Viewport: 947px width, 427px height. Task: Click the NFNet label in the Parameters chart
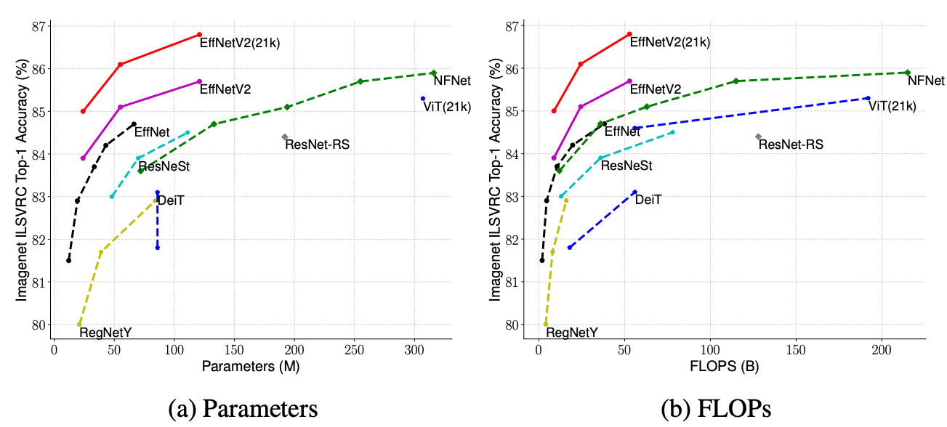[x=452, y=81]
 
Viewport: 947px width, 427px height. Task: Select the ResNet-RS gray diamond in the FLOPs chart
[x=758, y=137]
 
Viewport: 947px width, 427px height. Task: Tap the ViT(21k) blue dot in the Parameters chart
[x=423, y=99]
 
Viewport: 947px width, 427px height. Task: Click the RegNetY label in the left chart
[x=105, y=333]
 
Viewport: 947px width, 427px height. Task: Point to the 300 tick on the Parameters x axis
[x=414, y=350]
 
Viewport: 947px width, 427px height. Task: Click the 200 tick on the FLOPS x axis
[x=882, y=350]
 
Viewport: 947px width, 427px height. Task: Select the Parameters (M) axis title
[x=251, y=366]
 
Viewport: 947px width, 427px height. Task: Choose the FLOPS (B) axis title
[x=724, y=366]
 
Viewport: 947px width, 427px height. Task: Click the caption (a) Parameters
[x=243, y=409]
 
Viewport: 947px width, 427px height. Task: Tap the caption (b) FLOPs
[x=716, y=409]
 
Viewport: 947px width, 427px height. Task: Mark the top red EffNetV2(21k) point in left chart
[x=200, y=35]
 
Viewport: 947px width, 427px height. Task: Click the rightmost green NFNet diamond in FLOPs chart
[x=907, y=72]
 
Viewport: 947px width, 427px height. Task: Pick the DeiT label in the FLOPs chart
[x=648, y=200]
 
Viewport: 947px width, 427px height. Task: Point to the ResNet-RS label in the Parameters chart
[x=317, y=145]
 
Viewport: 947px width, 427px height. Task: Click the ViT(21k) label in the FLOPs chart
[x=892, y=106]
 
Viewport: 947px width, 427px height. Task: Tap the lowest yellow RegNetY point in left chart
[x=79, y=325]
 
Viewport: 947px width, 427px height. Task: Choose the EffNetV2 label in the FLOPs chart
[x=656, y=89]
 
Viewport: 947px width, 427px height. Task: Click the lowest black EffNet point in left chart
[x=68, y=260]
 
